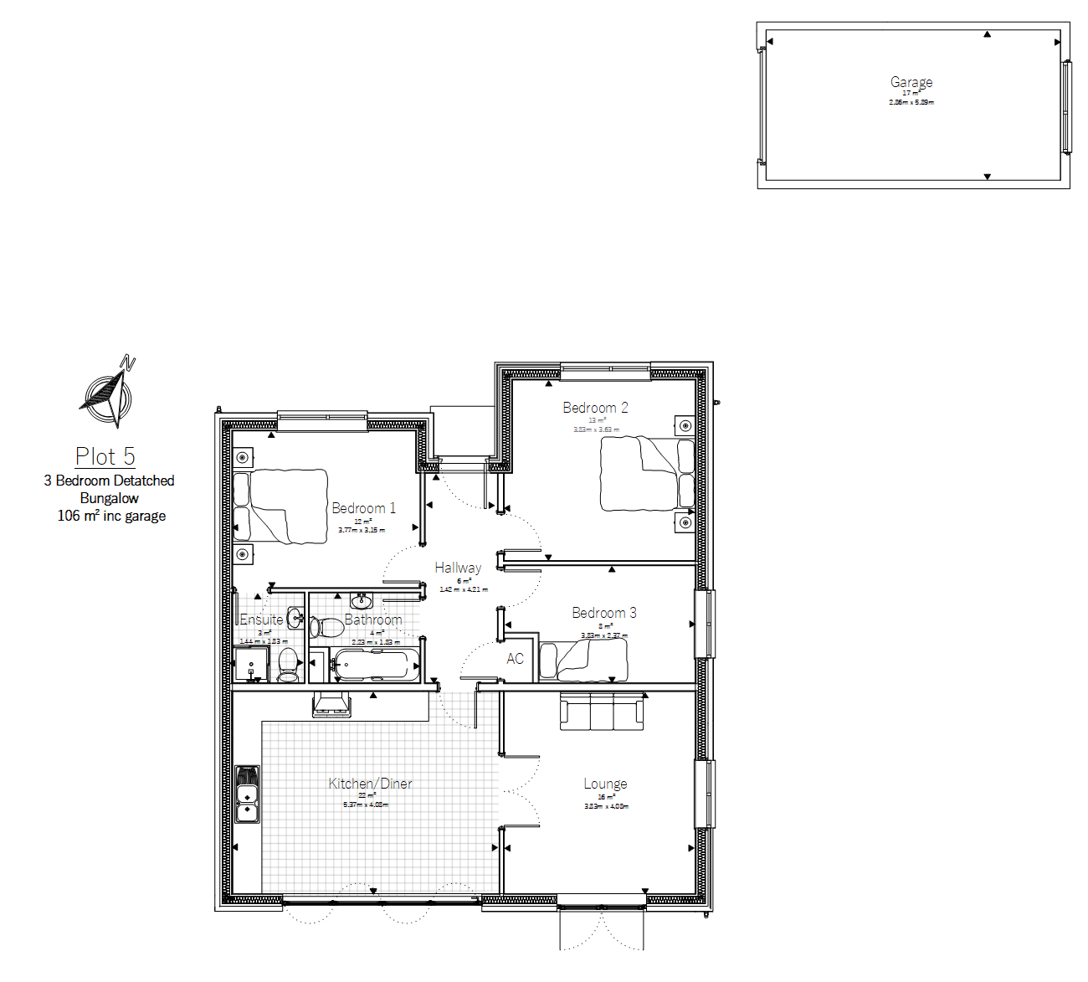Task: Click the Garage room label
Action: pyautogui.click(x=911, y=82)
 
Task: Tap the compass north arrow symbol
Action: pyautogui.click(x=107, y=391)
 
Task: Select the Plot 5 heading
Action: pyautogui.click(x=105, y=456)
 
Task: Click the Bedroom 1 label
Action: pyautogui.click(x=363, y=508)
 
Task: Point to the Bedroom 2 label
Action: pyautogui.click(x=595, y=408)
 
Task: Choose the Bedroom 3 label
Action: pyautogui.click(x=603, y=613)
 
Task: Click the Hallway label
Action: pyautogui.click(x=458, y=568)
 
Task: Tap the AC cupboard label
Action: pyautogui.click(x=515, y=659)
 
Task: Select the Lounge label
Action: pyautogui.click(x=605, y=784)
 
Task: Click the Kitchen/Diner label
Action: pyautogui.click(x=370, y=784)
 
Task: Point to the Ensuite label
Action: pyautogui.click(x=261, y=620)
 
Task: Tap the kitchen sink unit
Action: pyautogui.click(x=248, y=794)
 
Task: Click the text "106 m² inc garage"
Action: pyautogui.click(x=111, y=516)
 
